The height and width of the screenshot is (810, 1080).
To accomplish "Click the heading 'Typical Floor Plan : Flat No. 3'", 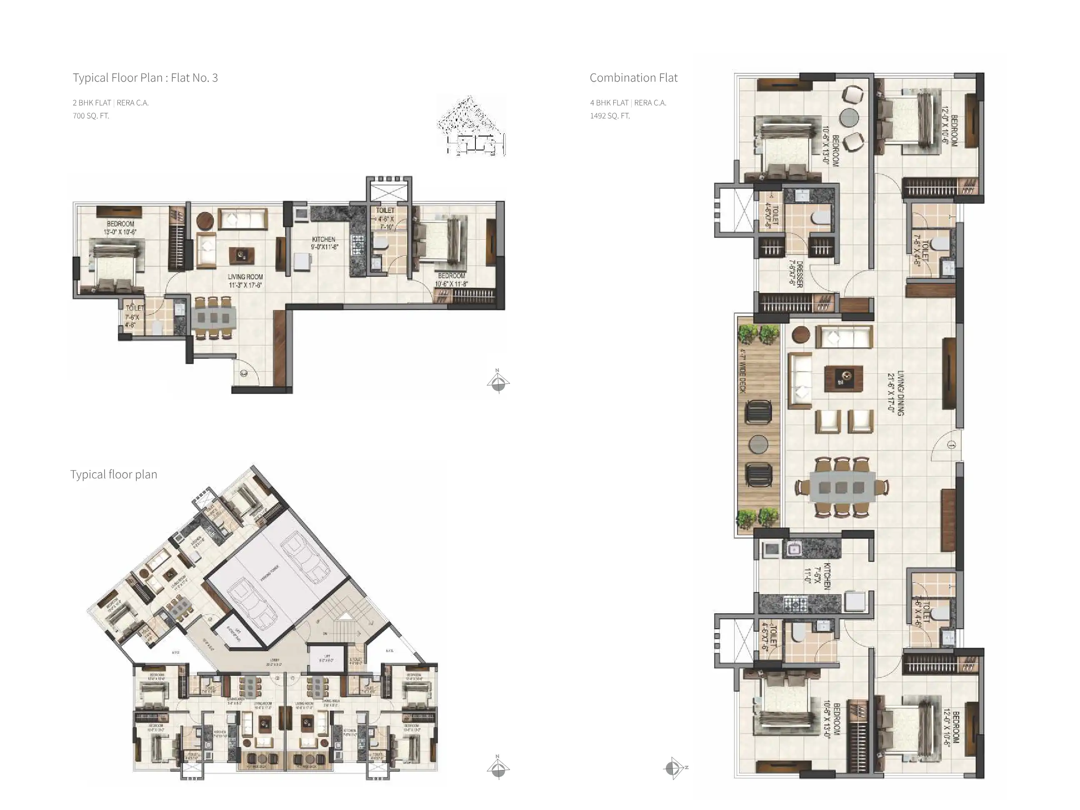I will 145,77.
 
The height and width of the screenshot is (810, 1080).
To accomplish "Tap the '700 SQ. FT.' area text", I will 91,116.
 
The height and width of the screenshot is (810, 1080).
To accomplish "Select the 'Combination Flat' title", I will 633,77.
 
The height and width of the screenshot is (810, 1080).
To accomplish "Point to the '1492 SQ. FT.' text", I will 610,116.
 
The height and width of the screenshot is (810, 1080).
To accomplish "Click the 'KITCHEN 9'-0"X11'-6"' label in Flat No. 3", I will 323,242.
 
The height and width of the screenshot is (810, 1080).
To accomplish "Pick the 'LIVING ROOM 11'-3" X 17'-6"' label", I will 245,281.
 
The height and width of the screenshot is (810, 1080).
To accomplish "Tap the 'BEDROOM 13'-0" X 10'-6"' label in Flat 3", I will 120,228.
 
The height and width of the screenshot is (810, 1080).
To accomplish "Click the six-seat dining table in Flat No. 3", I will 213,318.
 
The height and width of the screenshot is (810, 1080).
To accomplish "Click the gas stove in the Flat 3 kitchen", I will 358,242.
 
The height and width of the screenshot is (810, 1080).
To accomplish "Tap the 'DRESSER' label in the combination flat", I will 796,273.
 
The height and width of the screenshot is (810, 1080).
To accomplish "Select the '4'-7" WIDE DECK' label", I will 742,371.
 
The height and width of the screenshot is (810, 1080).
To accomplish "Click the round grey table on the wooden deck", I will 758,444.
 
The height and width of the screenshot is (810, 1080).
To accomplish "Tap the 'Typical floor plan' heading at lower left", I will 114,475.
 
